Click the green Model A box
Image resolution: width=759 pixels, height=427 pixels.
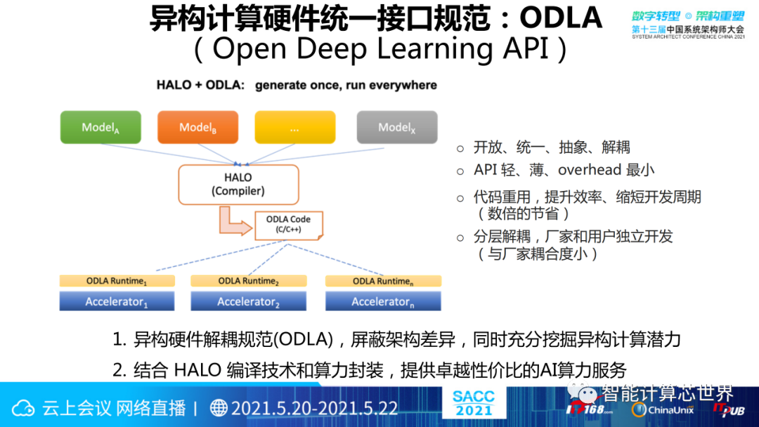[x=100, y=127]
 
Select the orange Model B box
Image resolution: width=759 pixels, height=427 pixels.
[x=198, y=127]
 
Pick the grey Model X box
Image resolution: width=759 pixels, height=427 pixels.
[x=397, y=127]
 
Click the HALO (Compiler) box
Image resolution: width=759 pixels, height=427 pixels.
[x=238, y=184]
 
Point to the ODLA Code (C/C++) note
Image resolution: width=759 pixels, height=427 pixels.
[x=288, y=224]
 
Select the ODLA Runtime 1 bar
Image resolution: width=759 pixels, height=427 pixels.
[x=117, y=281]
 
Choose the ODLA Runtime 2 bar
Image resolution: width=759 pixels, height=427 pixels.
[x=248, y=281]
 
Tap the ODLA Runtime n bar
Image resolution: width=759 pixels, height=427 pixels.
[x=383, y=281]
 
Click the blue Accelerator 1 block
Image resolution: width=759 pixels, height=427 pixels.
[x=117, y=301]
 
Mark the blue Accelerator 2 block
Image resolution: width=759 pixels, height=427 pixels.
[x=248, y=301]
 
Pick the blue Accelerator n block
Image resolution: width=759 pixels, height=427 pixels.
[x=383, y=301]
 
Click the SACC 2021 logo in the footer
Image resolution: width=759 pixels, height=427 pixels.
[x=474, y=403]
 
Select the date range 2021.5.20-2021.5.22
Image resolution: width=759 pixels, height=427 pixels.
[x=314, y=408]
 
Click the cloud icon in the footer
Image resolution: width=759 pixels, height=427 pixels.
[x=23, y=408]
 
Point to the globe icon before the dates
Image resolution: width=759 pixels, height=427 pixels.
[x=219, y=408]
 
